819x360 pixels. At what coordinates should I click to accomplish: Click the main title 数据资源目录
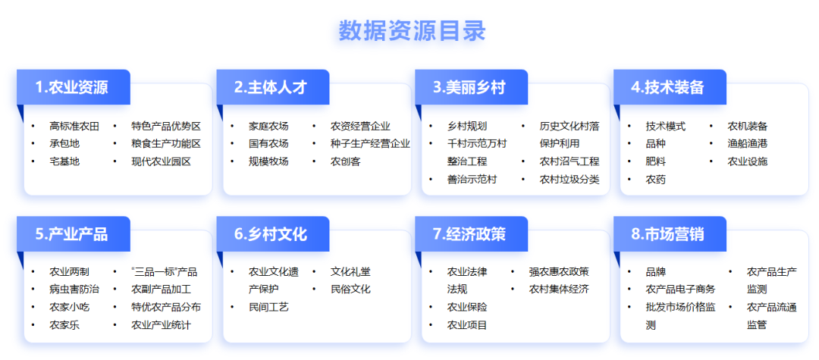(412, 30)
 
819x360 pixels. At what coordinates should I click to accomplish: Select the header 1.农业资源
(73, 87)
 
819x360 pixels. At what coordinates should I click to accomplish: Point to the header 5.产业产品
(73, 234)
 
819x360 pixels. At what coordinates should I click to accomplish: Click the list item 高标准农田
(74, 127)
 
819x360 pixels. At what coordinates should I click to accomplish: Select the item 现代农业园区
(162, 161)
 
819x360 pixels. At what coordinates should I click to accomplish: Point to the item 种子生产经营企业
(370, 143)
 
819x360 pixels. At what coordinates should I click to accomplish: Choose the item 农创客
(345, 161)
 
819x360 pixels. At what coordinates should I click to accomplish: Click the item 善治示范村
(472, 180)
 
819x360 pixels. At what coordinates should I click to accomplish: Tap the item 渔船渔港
(748, 143)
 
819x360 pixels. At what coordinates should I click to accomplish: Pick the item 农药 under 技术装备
(656, 180)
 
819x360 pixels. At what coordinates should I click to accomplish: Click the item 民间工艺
(268, 307)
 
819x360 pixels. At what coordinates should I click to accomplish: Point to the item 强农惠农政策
(559, 272)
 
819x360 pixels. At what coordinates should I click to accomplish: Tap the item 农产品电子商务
(680, 289)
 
